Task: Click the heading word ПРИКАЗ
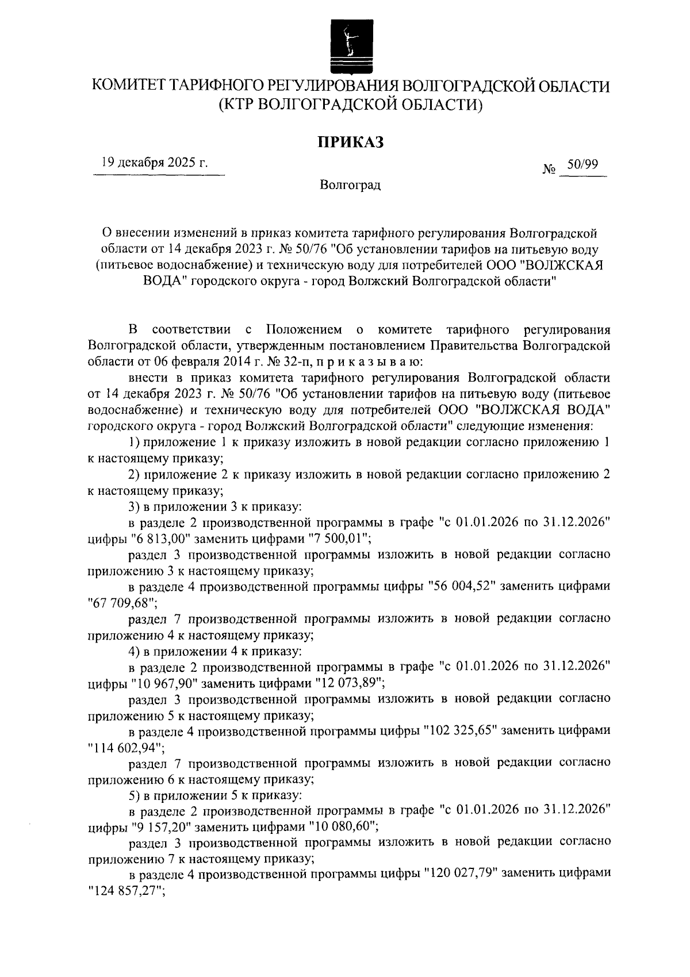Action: pyautogui.click(x=351, y=142)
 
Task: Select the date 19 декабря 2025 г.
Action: pyautogui.click(x=154, y=163)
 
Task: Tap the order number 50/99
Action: pyautogui.click(x=582, y=164)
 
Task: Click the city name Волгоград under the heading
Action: pyautogui.click(x=351, y=186)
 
